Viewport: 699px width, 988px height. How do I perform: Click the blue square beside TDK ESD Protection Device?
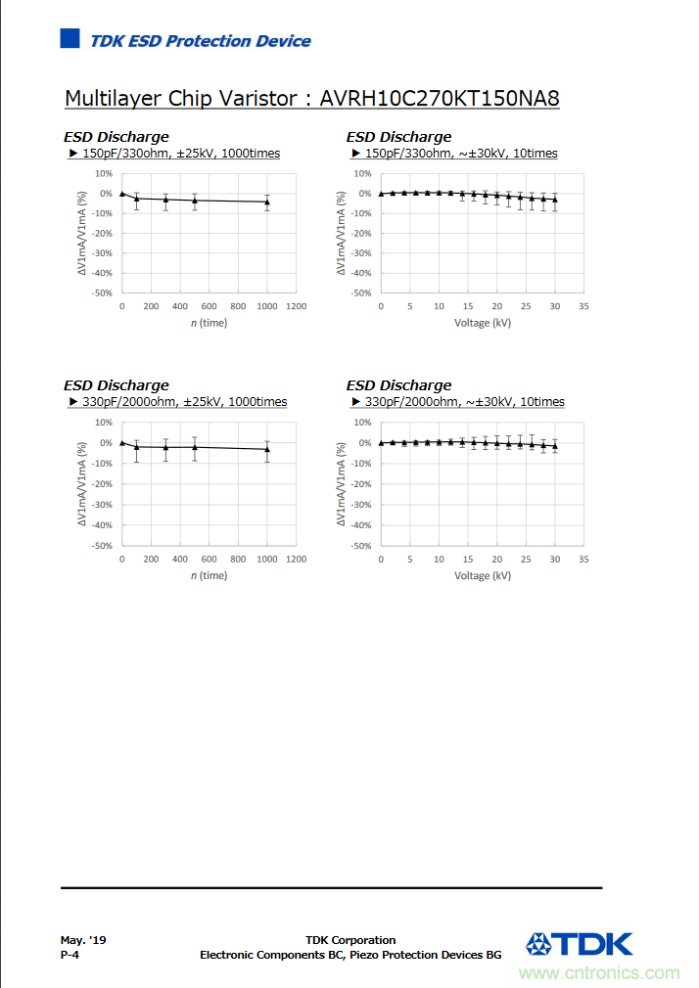coord(70,39)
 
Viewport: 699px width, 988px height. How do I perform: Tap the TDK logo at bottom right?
coord(579,944)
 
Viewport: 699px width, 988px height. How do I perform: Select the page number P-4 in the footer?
coord(70,955)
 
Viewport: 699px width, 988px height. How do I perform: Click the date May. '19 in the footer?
coord(83,940)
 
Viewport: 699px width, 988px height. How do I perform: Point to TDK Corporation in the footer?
coord(350,940)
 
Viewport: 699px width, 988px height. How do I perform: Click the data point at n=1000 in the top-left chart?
coord(267,202)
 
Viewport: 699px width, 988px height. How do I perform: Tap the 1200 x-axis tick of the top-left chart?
coord(296,307)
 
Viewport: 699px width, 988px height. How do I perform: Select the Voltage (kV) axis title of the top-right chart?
coord(482,323)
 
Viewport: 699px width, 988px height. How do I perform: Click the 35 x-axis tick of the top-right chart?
coord(583,307)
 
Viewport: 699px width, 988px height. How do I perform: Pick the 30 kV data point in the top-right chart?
coord(555,200)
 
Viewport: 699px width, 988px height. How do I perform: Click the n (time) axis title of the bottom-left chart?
coord(209,575)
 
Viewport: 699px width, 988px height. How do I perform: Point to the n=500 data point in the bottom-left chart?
coord(194,447)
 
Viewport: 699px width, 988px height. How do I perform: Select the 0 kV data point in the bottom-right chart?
coord(381,443)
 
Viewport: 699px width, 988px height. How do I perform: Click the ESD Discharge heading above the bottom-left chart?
coord(116,385)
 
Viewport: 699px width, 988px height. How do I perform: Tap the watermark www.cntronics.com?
coord(599,973)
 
